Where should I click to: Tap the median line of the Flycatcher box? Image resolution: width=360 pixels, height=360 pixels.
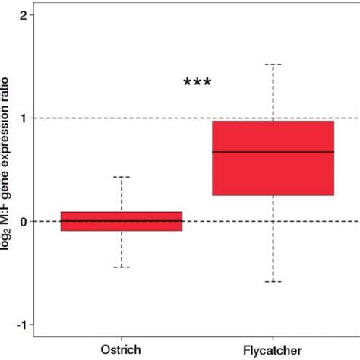pos(273,152)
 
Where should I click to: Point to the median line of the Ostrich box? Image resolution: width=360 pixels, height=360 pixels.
pos(122,221)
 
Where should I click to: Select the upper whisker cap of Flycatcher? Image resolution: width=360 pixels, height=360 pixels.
pos(273,65)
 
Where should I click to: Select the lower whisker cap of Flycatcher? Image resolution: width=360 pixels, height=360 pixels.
pos(273,282)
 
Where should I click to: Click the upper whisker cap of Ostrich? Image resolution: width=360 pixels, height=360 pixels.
pos(122,177)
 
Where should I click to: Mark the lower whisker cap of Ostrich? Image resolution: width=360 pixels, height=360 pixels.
pos(122,267)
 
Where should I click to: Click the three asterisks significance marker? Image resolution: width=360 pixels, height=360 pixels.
pos(197,83)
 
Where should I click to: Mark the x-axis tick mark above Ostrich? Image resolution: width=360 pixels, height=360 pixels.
pos(122,339)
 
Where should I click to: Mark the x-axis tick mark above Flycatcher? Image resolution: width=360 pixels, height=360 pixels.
pos(273,339)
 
